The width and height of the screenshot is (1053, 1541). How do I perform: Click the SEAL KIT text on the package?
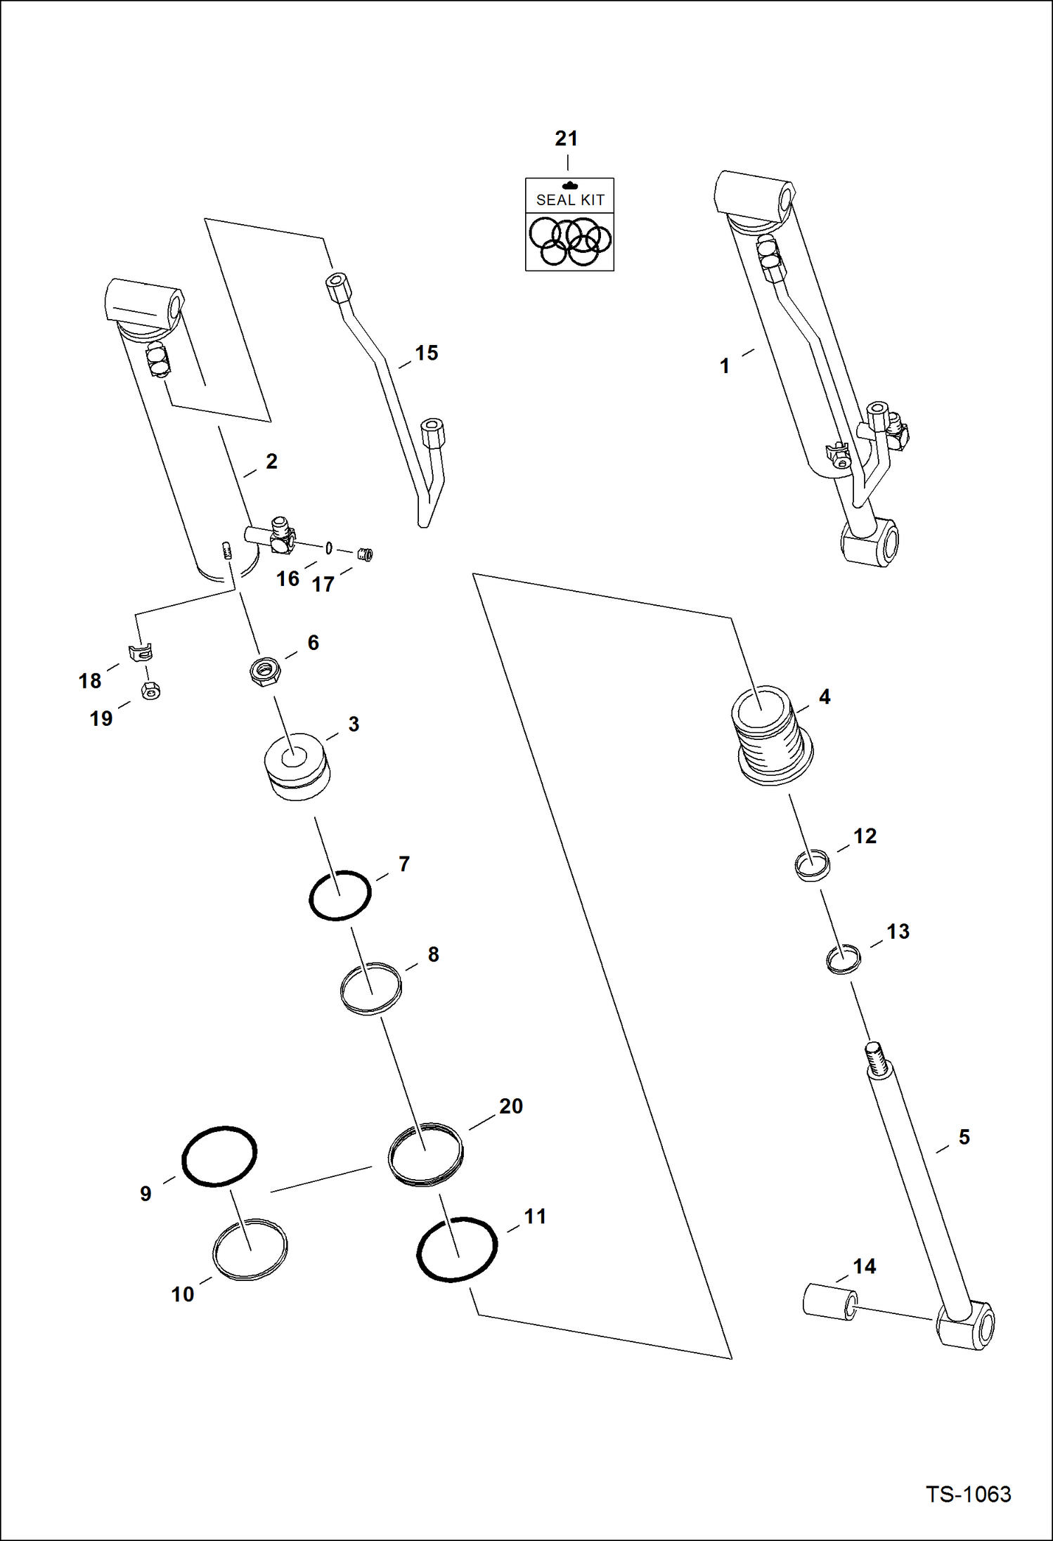point(570,200)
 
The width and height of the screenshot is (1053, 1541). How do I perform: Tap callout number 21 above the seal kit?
point(567,138)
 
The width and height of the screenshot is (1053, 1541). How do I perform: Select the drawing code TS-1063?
point(968,1493)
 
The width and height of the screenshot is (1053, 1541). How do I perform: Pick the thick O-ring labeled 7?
point(340,895)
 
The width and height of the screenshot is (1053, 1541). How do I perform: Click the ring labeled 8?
point(370,988)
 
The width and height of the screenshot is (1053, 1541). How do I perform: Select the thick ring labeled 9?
point(219,1157)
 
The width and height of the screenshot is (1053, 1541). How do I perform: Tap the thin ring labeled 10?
point(250,1249)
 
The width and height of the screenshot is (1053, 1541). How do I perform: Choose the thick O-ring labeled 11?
point(457,1249)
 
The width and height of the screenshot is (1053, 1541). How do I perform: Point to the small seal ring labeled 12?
point(812,863)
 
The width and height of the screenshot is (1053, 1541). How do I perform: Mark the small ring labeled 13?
point(843,959)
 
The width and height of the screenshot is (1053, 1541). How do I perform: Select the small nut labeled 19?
point(150,691)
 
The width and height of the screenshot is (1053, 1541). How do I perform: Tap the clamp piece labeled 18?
point(142,653)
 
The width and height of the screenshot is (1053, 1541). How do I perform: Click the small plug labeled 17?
point(364,554)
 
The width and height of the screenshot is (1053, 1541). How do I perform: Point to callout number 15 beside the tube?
point(426,353)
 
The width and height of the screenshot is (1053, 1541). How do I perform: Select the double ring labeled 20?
point(425,1155)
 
